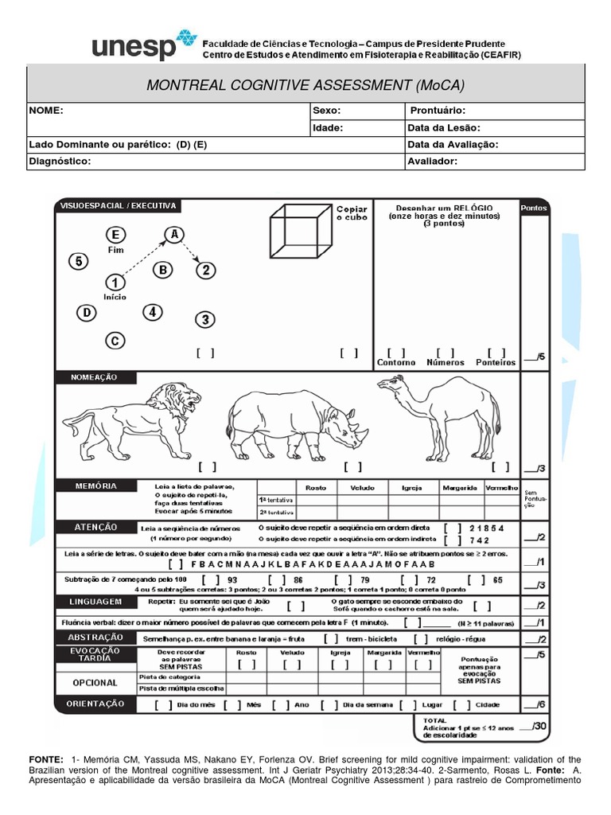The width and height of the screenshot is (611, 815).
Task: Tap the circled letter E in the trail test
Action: pyautogui.click(x=116, y=235)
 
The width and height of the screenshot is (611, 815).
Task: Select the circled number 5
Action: pyautogui.click(x=78, y=261)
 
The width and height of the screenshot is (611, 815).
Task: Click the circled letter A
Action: pyautogui.click(x=173, y=233)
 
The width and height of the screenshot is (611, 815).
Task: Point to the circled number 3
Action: pyautogui.click(x=205, y=320)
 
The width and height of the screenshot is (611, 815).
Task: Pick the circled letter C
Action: pyautogui.click(x=115, y=341)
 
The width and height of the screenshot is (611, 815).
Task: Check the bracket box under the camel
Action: pyautogui.click(x=500, y=467)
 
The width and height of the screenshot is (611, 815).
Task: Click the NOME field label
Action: pyautogui.click(x=46, y=111)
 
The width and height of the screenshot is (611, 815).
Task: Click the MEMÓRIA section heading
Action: pyautogui.click(x=97, y=485)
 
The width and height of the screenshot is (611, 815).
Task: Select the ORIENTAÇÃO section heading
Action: pyautogui.click(x=95, y=704)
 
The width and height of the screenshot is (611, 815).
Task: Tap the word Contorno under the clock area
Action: pyautogui.click(x=396, y=362)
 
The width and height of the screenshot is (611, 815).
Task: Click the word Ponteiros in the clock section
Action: pyautogui.click(x=496, y=362)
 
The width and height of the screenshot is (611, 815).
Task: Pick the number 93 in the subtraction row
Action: pyautogui.click(x=232, y=579)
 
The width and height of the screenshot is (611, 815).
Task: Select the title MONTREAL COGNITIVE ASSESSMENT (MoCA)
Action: pyautogui.click(x=305, y=84)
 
